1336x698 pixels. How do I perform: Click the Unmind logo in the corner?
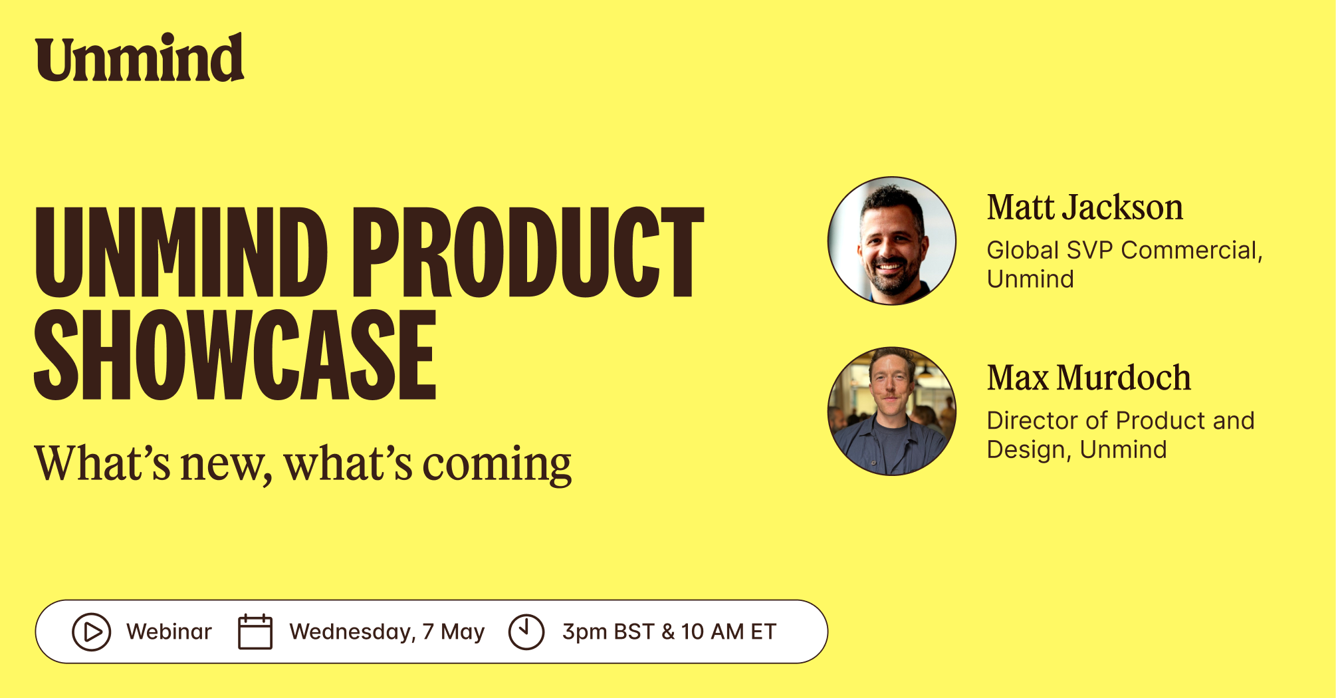140,58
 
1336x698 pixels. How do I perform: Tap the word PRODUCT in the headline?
528,252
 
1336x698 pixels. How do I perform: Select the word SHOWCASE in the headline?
235,355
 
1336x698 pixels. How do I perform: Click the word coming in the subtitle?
497,465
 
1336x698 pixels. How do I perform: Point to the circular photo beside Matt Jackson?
892,241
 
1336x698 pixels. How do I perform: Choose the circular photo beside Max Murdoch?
892,411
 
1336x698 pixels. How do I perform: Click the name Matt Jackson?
1085,207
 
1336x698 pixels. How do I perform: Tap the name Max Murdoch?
1089,378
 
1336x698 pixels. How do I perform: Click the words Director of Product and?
1121,421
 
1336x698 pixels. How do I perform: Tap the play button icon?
91,632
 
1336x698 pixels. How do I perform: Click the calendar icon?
255,632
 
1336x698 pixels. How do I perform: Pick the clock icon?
526,632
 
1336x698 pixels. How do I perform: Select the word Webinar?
169,632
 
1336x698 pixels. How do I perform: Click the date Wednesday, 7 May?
387,632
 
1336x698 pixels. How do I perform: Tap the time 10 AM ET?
728,632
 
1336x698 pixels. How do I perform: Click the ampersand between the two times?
668,632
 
